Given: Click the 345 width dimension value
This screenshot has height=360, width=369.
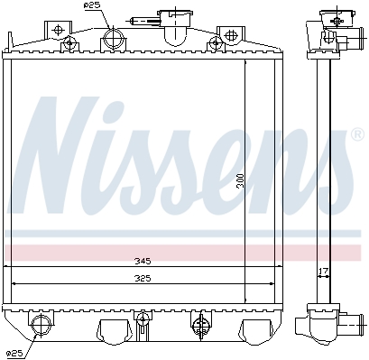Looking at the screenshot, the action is (143, 261).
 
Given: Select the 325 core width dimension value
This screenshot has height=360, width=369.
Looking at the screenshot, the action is (143, 279).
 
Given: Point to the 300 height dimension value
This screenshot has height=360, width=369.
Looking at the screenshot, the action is (240, 180).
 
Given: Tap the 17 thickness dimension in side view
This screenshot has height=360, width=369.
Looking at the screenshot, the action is (324, 271).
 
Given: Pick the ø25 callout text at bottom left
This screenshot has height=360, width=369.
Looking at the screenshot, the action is (14, 354).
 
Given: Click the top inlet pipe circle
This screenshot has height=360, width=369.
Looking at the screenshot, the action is (114, 38).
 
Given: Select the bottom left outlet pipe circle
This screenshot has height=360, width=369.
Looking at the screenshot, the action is (41, 324).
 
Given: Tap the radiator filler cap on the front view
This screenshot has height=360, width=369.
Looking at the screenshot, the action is (175, 15).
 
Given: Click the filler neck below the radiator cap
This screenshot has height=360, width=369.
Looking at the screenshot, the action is (175, 33).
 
